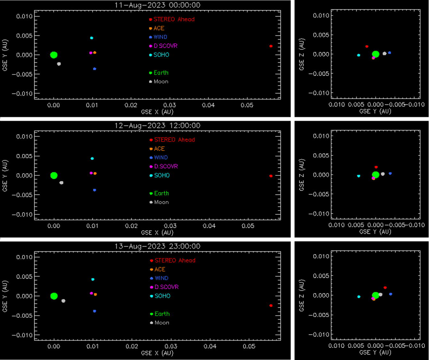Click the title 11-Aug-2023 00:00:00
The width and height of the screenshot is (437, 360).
coord(157,5)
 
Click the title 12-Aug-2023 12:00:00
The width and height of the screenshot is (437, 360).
coord(157,125)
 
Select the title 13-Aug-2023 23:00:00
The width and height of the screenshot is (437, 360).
coord(157,246)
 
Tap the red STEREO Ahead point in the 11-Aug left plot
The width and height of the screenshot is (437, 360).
coord(271,46)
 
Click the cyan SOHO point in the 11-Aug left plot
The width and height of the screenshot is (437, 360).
coord(91,38)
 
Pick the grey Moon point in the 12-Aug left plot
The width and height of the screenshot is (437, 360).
coord(61,183)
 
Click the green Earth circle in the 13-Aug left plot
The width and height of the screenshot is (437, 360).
coord(54,296)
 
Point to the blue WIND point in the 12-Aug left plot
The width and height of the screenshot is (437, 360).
coord(94,190)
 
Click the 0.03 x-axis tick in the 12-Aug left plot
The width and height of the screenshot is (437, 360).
coord(170,226)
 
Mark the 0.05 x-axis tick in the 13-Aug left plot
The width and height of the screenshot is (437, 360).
coord(249,346)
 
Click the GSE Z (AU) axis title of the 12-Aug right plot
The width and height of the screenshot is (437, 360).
coord(302,175)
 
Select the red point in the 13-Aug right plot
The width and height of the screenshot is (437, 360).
coord(385,288)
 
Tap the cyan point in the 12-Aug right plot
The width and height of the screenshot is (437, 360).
coord(359,176)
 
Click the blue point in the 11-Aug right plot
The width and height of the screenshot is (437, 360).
coord(389,53)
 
